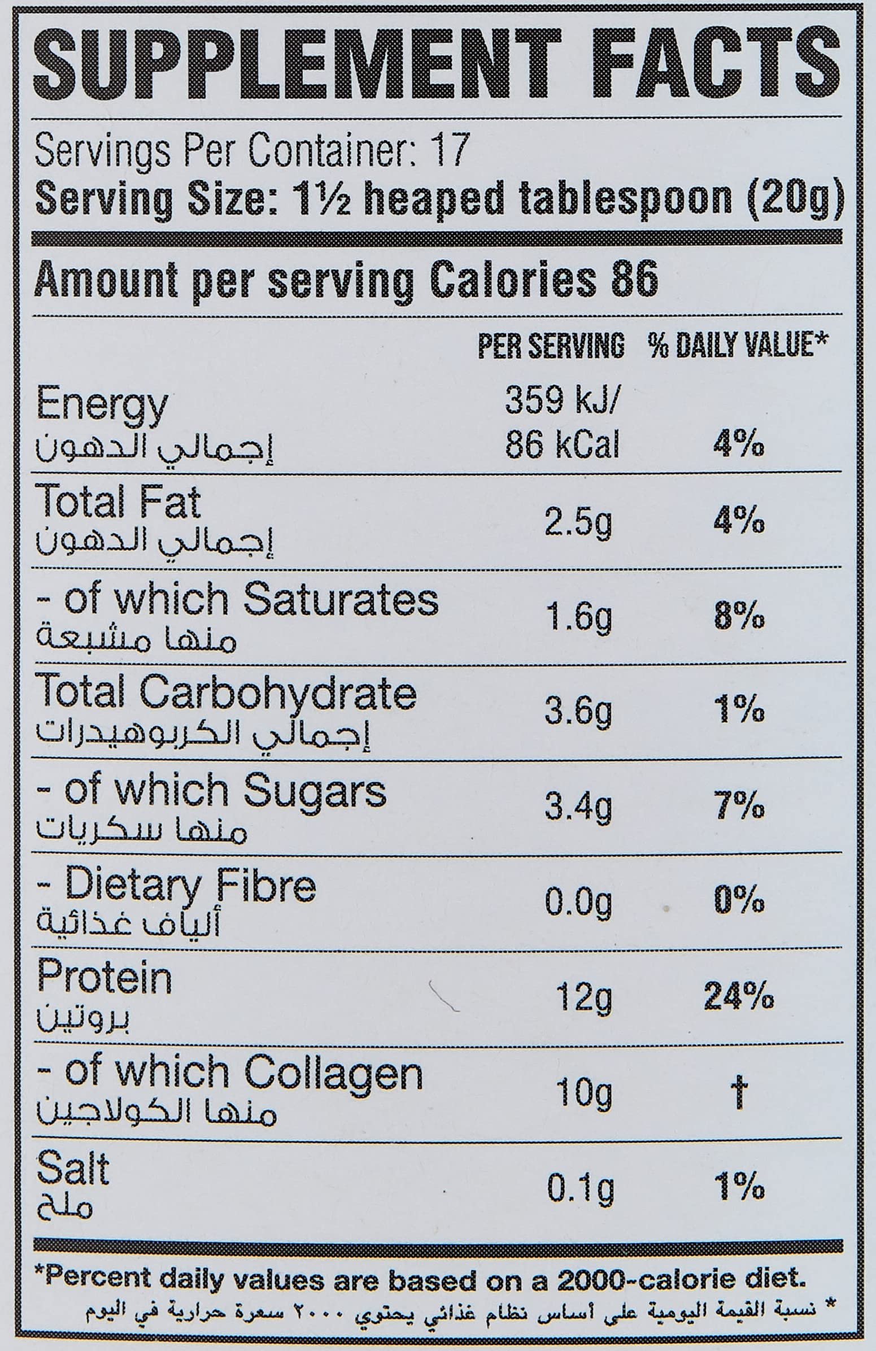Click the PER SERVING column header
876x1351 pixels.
point(551,345)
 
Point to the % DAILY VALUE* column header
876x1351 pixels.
point(739,345)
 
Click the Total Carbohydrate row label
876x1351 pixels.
point(226,694)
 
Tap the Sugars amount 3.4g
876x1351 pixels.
point(578,808)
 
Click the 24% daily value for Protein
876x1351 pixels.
point(739,997)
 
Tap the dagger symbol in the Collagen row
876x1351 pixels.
point(739,1093)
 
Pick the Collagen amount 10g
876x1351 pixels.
point(583,1094)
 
